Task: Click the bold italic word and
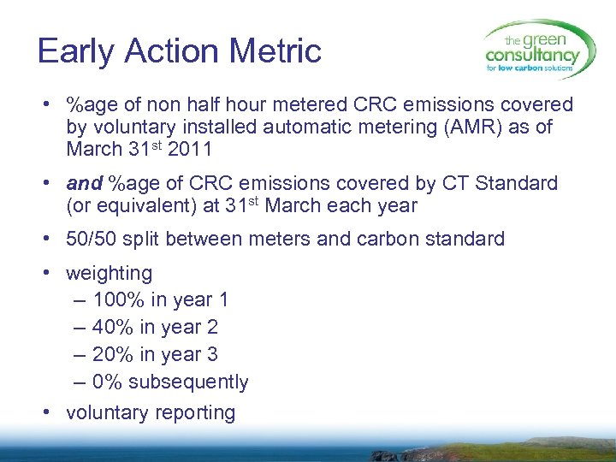[x=84, y=183]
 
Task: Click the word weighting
[x=109, y=274]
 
